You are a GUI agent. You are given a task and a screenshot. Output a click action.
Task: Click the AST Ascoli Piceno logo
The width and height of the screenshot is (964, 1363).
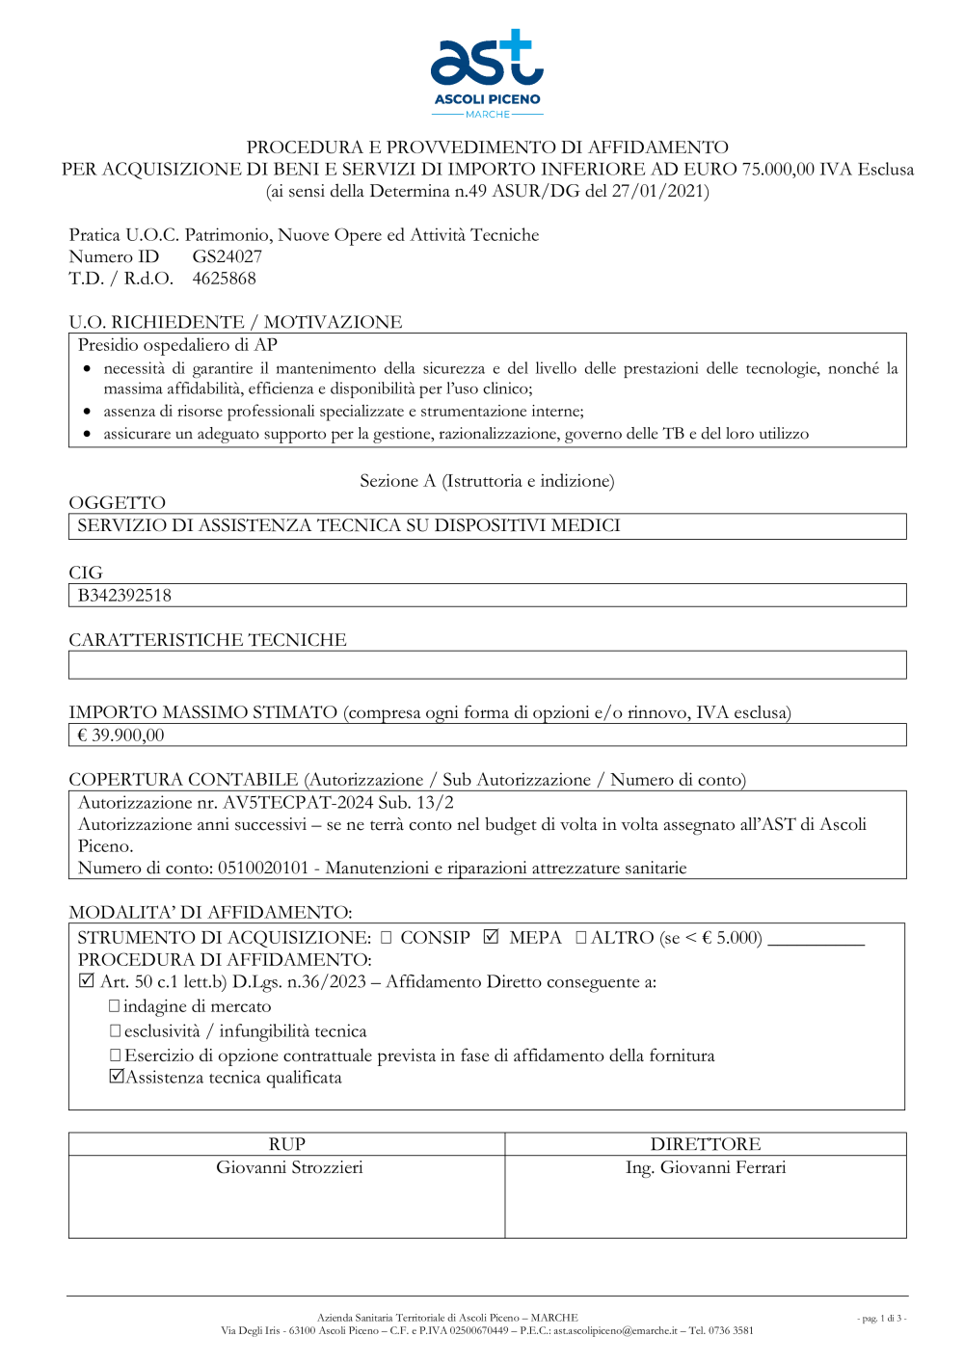tap(487, 73)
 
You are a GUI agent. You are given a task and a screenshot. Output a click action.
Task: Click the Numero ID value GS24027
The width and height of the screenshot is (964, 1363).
tap(227, 256)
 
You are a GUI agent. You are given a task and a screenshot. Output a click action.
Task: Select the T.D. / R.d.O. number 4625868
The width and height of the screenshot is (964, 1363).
tap(224, 279)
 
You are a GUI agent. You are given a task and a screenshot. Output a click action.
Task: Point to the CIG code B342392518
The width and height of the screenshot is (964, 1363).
tap(124, 596)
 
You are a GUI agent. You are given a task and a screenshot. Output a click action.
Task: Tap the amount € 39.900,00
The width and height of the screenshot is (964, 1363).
tap(120, 735)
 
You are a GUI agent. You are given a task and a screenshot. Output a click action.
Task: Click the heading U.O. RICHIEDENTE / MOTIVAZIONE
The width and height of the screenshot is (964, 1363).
tap(235, 322)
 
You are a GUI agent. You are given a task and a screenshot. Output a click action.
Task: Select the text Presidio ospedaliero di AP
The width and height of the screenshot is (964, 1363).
tap(177, 345)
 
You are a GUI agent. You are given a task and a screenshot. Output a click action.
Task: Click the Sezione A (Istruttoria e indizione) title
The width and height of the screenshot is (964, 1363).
tap(487, 481)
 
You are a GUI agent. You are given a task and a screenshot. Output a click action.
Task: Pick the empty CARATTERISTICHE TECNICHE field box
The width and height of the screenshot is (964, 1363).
tap(487, 665)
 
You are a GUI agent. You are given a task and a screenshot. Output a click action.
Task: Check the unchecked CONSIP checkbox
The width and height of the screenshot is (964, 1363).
tap(387, 937)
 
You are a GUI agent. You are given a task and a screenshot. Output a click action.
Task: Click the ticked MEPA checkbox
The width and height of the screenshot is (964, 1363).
tap(492, 937)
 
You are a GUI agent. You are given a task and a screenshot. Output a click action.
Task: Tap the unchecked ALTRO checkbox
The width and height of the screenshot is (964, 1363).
tap(581, 937)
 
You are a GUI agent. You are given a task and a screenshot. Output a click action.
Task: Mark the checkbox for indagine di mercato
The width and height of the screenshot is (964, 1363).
tap(115, 1005)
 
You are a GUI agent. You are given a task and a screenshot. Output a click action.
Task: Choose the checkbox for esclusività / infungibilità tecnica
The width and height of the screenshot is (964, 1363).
tap(115, 1030)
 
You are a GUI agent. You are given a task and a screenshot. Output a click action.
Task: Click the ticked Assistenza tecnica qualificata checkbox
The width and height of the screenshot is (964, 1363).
tap(117, 1077)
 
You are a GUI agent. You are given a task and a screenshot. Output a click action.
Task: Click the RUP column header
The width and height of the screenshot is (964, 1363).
tap(287, 1144)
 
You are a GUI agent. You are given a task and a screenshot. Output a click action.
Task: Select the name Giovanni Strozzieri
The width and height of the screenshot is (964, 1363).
tap(289, 1167)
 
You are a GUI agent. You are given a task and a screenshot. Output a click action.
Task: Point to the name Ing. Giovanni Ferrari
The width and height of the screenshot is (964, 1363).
tap(706, 1167)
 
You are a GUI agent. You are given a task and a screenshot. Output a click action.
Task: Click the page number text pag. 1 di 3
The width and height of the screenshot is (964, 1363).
tap(881, 1319)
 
